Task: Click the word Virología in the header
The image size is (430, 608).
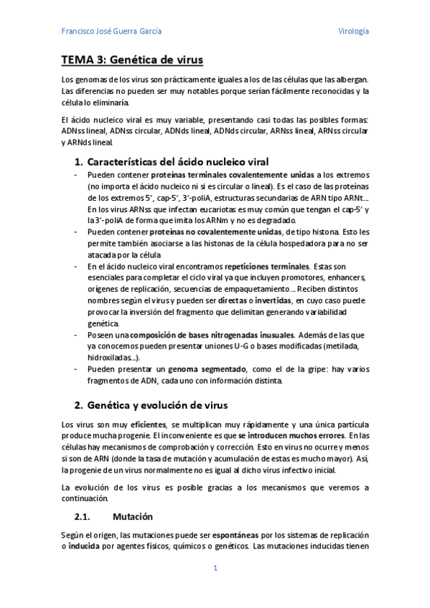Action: pyautogui.click(x=353, y=32)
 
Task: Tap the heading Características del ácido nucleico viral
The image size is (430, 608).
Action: pyautogui.click(x=177, y=161)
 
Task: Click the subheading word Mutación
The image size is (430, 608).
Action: pyautogui.click(x=133, y=516)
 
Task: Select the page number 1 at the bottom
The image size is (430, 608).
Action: pyautogui.click(x=215, y=569)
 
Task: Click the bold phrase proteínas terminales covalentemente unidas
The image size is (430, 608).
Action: pyautogui.click(x=233, y=175)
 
